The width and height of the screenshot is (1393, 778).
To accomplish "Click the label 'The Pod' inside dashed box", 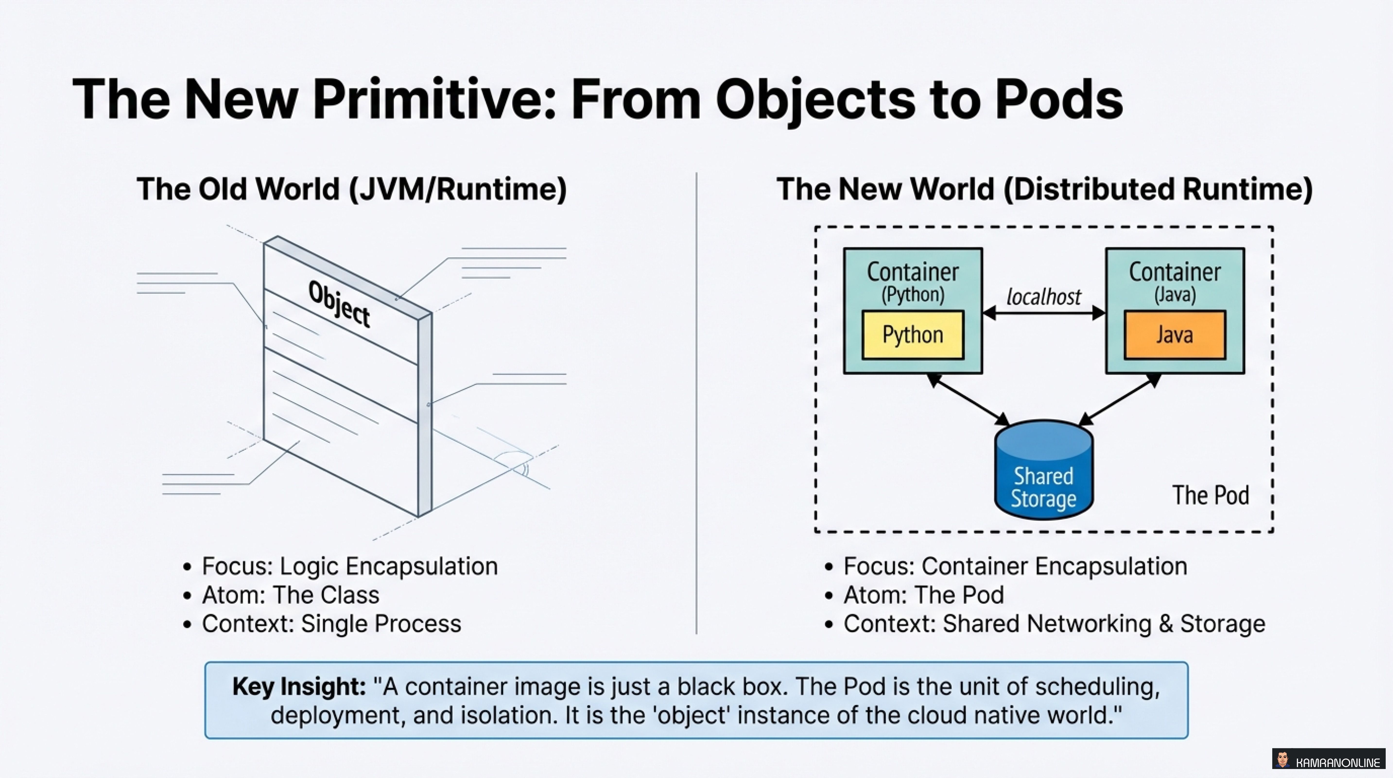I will point(1210,495).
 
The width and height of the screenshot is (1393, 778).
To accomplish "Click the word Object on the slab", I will point(339,305).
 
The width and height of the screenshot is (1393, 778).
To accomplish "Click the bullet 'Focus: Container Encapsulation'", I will point(1015,566).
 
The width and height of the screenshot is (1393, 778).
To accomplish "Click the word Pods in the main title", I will point(1059,99).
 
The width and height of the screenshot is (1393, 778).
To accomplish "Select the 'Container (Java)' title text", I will point(1175,280).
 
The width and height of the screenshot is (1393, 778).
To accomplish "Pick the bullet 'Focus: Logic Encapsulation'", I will point(349,566).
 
